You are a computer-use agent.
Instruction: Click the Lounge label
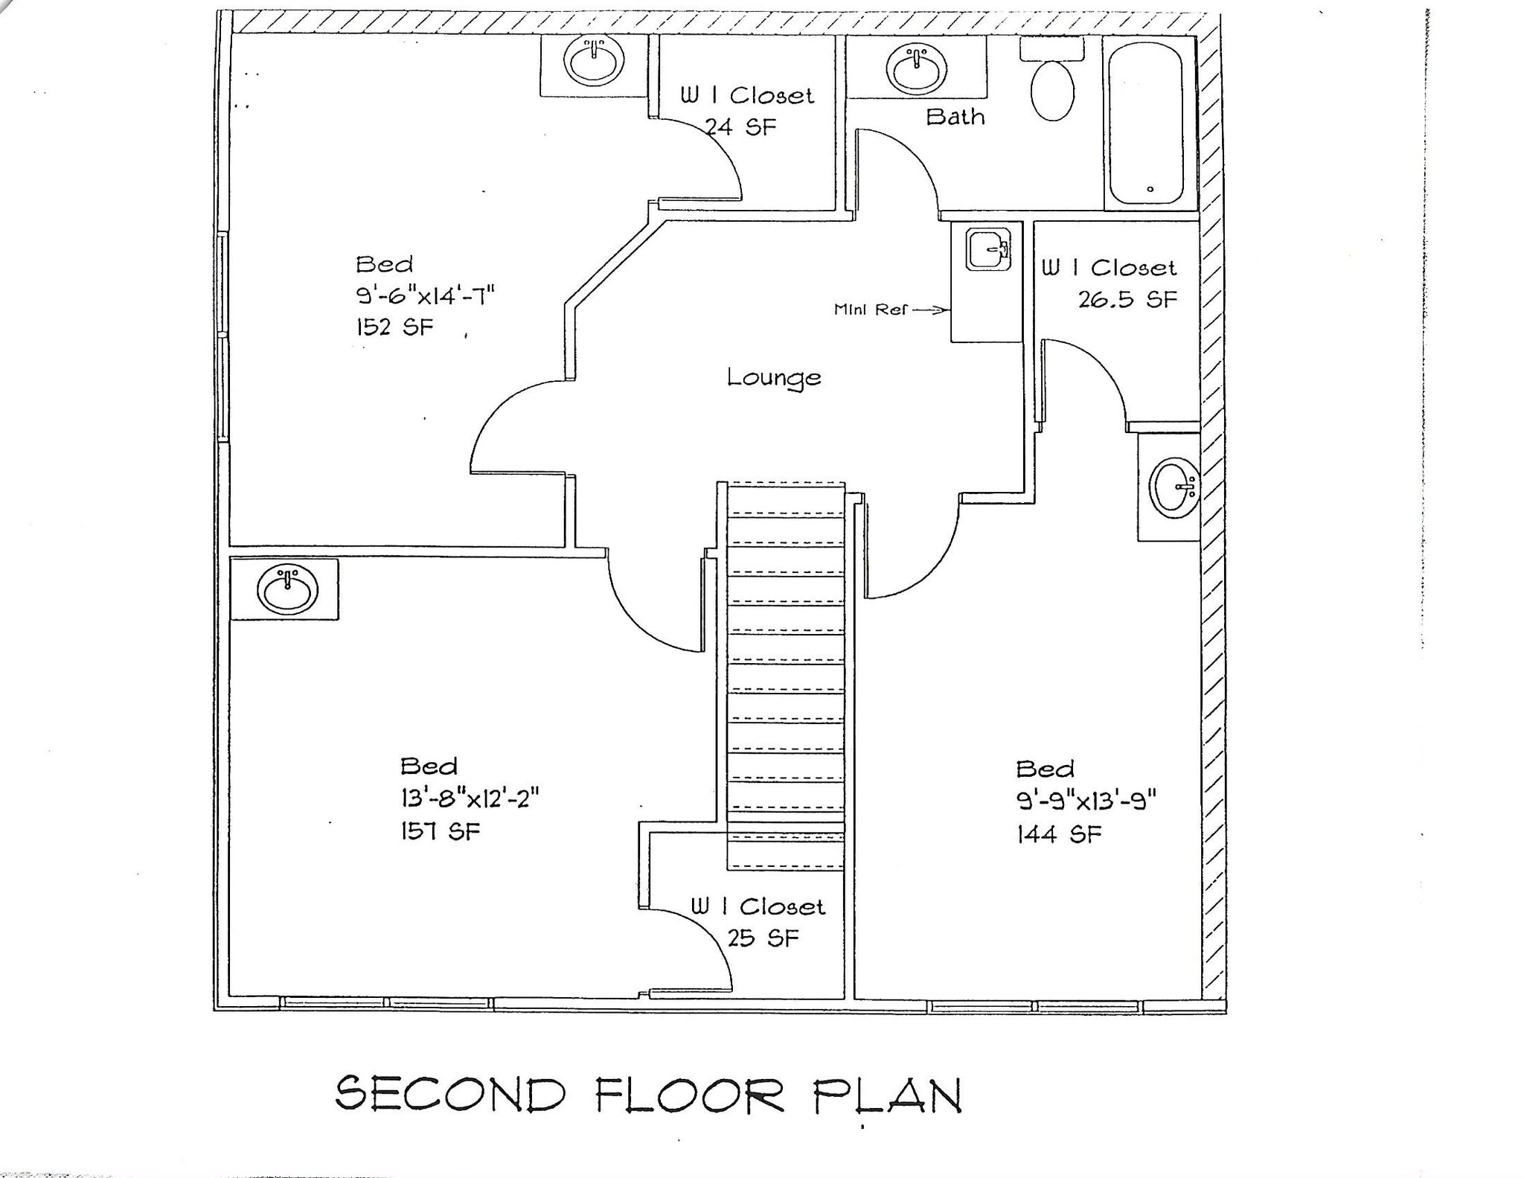click(x=774, y=378)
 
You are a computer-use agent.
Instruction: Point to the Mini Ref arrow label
click(x=890, y=310)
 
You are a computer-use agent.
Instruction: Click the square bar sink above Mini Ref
click(x=988, y=249)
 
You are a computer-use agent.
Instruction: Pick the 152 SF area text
click(x=394, y=327)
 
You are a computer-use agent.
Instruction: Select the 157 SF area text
click(x=441, y=830)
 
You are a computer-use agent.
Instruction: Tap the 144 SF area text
click(x=1059, y=834)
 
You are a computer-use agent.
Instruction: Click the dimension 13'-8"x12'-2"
click(x=470, y=798)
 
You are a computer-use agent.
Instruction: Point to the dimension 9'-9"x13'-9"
click(x=1086, y=801)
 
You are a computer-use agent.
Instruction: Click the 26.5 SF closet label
click(x=1127, y=299)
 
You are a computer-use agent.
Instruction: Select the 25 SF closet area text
click(x=763, y=938)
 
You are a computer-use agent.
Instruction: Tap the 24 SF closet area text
click(x=740, y=127)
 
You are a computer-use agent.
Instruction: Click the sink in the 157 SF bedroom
click(x=287, y=589)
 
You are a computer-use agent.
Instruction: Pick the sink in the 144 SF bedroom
click(x=1174, y=487)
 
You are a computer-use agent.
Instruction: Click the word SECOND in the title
click(x=450, y=1094)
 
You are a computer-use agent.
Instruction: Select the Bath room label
click(x=955, y=117)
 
